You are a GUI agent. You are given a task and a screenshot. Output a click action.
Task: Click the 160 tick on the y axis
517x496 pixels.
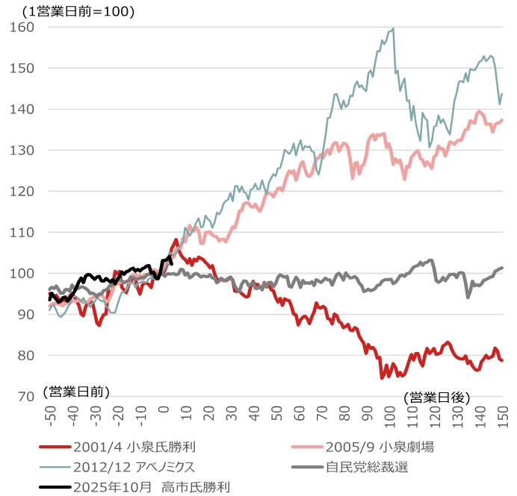[x=24, y=27]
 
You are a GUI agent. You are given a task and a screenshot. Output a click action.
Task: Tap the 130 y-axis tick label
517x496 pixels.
[x=24, y=150]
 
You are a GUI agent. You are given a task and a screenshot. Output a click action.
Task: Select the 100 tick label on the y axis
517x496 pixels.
[x=24, y=273]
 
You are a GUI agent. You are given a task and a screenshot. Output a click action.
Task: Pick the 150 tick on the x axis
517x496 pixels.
[x=503, y=418]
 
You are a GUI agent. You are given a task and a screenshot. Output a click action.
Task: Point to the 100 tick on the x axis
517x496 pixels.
[x=390, y=418]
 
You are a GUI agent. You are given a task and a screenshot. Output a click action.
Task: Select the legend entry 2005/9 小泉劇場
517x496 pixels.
[x=380, y=448]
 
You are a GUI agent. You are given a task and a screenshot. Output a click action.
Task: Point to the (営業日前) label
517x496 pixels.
[x=75, y=391]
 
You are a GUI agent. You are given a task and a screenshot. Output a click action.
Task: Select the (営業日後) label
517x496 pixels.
[x=437, y=398]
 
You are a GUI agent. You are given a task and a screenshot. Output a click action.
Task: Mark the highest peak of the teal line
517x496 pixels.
[x=393, y=28]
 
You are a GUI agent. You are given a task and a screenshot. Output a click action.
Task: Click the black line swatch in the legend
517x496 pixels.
[x=53, y=487]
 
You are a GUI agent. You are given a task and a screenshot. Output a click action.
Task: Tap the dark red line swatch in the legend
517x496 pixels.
[x=53, y=448]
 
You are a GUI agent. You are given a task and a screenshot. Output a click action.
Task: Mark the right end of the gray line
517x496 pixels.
[x=503, y=267]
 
